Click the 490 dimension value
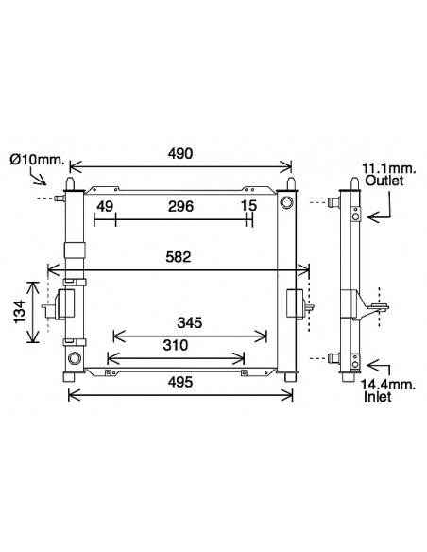click(x=180, y=153)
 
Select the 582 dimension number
click(x=179, y=257)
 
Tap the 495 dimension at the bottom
click(x=180, y=382)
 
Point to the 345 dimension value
click(x=190, y=322)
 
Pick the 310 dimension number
click(x=176, y=345)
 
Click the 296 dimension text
click(x=180, y=206)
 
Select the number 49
click(x=105, y=206)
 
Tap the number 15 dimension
click(x=249, y=206)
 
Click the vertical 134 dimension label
click(x=20, y=312)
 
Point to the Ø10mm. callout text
click(x=37, y=160)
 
